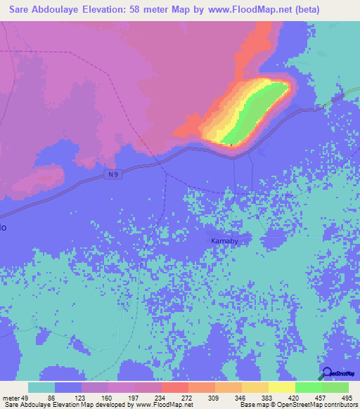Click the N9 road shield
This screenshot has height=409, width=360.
[x=114, y=174]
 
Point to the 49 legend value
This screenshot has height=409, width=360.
[x=25, y=396]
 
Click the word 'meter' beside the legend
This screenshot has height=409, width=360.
[x=11, y=396]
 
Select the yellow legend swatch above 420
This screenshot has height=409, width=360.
[x=282, y=387]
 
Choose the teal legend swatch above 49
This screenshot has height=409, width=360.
[x=41, y=387]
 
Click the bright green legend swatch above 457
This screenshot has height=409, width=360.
[x=309, y=387]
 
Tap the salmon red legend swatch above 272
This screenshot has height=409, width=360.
[x=175, y=387]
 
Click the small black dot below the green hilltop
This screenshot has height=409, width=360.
[x=231, y=145]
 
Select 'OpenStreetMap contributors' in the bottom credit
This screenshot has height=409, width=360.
[x=309, y=405]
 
